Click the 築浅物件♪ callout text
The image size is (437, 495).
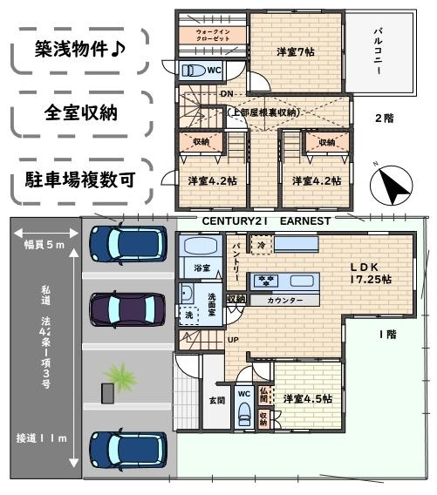coord(77,51)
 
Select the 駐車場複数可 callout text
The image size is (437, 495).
coord(77,182)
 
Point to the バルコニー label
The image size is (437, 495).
coord(379,54)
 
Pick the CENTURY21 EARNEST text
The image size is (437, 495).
coord(266,221)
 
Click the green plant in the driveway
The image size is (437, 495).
coord(115,376)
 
